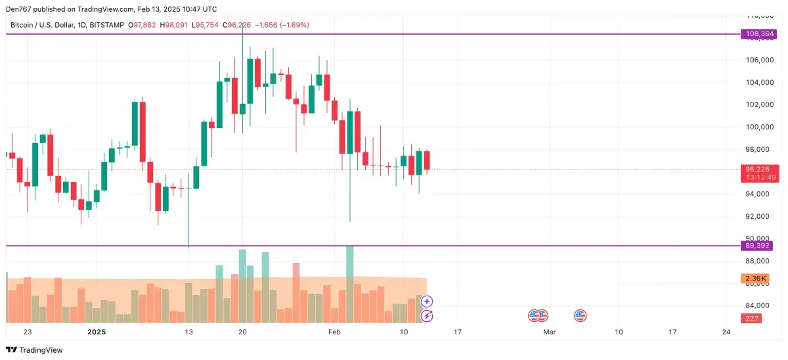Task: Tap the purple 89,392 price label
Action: click(758, 246)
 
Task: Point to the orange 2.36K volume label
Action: click(755, 279)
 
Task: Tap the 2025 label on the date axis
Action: click(97, 332)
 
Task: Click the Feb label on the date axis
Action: click(334, 332)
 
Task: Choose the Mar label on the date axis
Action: click(550, 332)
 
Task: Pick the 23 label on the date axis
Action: click(27, 332)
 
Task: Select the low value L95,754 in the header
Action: click(205, 25)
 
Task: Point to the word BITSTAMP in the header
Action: click(105, 25)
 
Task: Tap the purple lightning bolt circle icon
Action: click(427, 316)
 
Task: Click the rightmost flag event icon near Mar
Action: click(580, 316)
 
